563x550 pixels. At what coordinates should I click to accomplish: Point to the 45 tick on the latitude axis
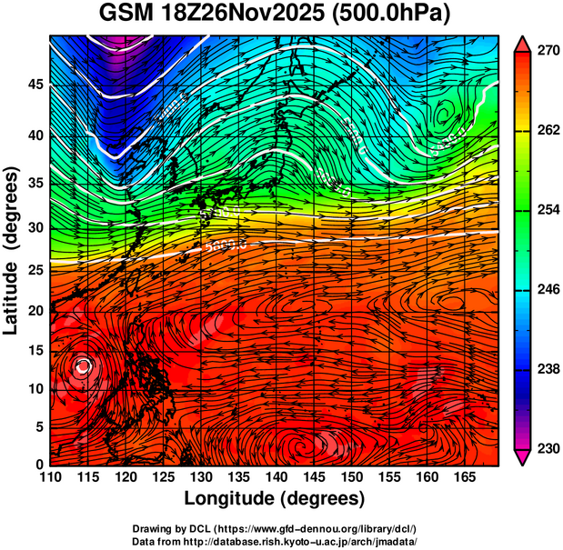[x=35, y=85]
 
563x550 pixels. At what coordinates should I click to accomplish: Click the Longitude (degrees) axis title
[x=274, y=498]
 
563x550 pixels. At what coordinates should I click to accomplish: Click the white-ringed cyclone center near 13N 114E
[x=84, y=366]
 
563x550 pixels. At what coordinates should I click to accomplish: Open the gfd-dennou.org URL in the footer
[x=306, y=528]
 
